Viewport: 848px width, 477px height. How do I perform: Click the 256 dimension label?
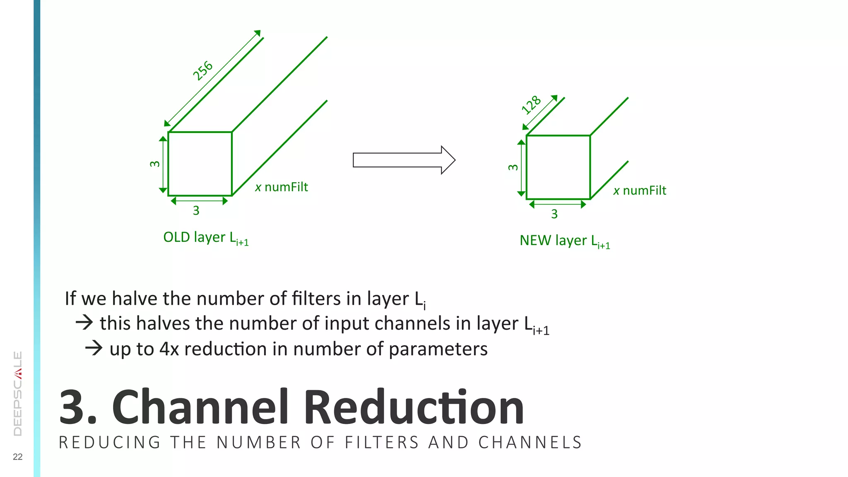tap(203, 70)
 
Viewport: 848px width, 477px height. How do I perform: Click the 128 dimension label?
tap(531, 104)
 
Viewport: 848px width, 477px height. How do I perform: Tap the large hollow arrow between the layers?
tap(404, 160)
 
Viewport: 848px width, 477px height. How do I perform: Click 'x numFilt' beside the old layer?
tap(282, 187)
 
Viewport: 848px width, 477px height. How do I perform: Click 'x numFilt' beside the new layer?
tap(640, 190)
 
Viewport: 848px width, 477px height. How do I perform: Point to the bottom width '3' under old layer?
tap(196, 210)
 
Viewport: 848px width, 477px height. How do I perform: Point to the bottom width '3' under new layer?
tap(554, 214)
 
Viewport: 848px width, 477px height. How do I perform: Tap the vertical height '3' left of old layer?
tap(154, 164)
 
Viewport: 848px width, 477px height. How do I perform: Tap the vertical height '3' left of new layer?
tap(513, 167)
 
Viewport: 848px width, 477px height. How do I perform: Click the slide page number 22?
tap(18, 457)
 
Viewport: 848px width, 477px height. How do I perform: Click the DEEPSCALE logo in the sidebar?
tap(18, 393)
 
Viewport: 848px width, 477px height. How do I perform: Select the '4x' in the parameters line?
tap(169, 349)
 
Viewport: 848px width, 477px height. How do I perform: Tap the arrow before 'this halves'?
tap(84, 322)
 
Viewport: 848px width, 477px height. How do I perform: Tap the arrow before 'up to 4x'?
tap(94, 348)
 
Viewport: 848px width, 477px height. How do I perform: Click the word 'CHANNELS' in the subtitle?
tap(530, 443)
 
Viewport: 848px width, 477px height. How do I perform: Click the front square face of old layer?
tap(200, 164)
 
